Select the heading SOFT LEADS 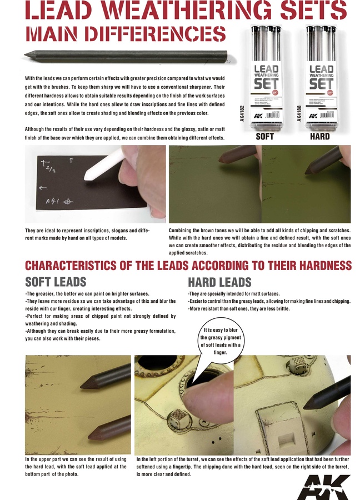coord(56,282)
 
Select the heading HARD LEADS coord(219,282)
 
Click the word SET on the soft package coord(265,83)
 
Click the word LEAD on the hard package coord(321,69)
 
